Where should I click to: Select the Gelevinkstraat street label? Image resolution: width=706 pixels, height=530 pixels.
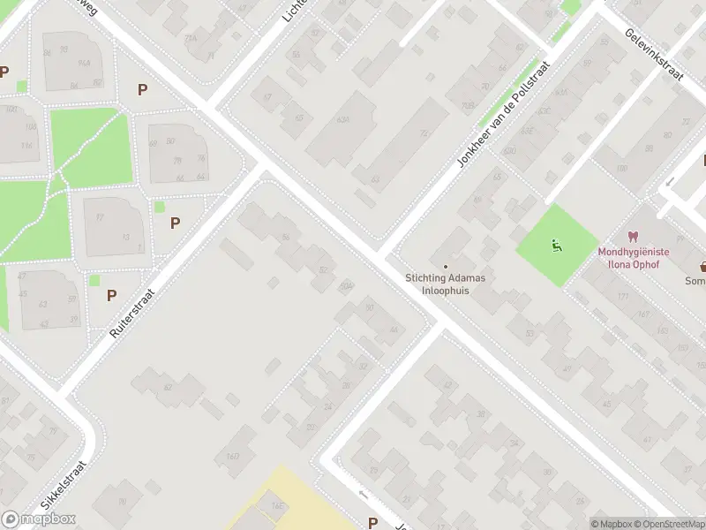pos(655,54)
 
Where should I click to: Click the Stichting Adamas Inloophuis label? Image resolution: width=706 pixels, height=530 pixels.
pos(446,283)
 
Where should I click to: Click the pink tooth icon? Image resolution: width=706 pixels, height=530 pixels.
pos(632,236)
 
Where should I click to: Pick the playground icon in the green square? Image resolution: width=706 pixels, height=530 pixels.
pos(555,245)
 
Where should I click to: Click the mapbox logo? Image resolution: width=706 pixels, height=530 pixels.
pos(38,519)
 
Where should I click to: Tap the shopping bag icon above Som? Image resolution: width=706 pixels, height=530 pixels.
pos(703,265)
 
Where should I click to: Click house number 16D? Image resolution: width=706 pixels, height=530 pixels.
pos(233,457)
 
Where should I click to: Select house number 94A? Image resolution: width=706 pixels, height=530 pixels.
pos(85,64)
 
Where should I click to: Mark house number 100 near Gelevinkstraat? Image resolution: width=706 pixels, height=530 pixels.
pos(621,168)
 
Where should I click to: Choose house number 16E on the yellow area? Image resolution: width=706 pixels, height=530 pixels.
pos(277,505)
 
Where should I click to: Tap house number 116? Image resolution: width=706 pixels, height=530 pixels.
pos(26,146)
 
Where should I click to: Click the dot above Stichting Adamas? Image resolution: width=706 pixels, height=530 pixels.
pos(446,266)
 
